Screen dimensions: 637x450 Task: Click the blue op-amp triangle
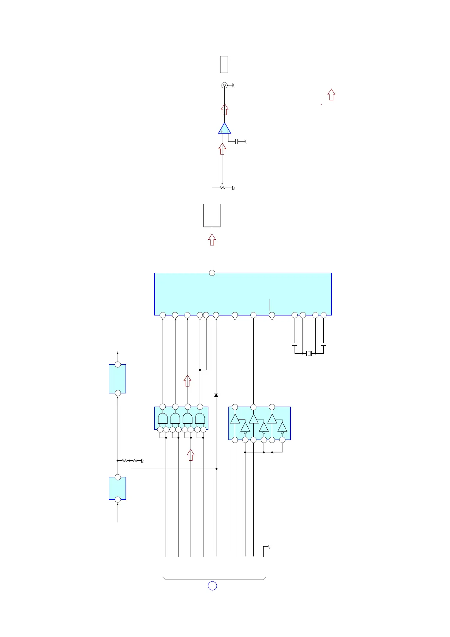click(225, 129)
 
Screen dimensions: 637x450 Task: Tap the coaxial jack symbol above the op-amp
click(224, 85)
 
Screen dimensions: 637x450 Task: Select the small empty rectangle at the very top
click(224, 64)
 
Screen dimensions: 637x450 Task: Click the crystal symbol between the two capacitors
click(309, 353)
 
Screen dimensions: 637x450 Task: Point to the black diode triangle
click(216, 395)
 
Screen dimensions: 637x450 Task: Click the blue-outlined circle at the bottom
click(213, 586)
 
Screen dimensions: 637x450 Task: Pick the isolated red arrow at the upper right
click(331, 95)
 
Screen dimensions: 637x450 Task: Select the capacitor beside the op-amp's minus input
click(236, 141)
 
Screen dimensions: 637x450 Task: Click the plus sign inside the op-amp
click(222, 132)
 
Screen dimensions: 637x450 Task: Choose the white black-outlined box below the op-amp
click(212, 215)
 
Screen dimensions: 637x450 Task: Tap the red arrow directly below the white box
click(212, 239)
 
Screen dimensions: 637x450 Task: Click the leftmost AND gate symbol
click(163, 418)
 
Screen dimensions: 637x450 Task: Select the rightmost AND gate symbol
click(200, 418)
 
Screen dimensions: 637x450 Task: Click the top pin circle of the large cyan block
click(212, 273)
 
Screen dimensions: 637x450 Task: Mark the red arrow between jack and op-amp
click(225, 109)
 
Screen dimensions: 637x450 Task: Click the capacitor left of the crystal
click(295, 345)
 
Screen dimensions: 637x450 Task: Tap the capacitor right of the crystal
click(323, 345)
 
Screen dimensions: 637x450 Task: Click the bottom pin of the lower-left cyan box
click(118, 500)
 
